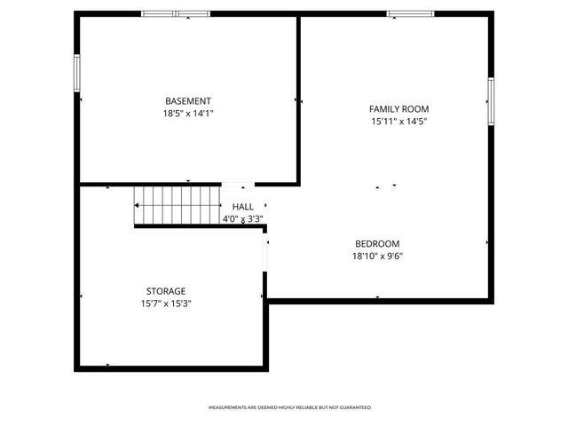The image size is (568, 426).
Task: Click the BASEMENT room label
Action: (x=188, y=101)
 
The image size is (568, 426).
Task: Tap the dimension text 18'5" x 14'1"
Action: (x=188, y=114)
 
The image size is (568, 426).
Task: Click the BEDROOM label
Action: (x=377, y=244)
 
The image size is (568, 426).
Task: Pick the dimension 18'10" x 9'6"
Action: (x=377, y=256)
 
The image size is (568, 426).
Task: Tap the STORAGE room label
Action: (x=166, y=291)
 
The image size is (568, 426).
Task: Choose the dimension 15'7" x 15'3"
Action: (x=166, y=304)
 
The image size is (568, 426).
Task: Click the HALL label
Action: (x=242, y=207)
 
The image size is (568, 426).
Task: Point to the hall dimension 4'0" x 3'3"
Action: (x=242, y=218)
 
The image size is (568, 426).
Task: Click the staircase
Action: (x=177, y=206)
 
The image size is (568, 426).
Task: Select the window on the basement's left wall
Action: (x=77, y=73)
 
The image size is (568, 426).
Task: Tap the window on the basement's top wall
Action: (x=176, y=13)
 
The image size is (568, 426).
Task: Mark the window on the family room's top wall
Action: (x=410, y=13)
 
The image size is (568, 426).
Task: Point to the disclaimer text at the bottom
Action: (x=289, y=407)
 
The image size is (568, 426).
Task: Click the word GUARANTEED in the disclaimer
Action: (x=353, y=407)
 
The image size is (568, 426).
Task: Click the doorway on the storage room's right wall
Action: (x=264, y=253)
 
